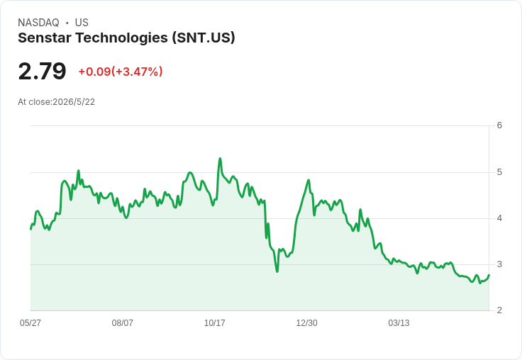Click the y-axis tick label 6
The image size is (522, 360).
click(x=499, y=125)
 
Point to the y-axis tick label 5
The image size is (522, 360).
click(x=499, y=172)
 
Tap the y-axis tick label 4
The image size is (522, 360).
click(x=499, y=218)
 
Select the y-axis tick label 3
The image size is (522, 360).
click(x=499, y=264)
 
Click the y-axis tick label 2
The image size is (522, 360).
click(x=499, y=310)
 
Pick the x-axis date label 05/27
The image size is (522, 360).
click(x=30, y=323)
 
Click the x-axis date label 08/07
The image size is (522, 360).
click(x=123, y=323)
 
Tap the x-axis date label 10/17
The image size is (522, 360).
click(x=215, y=323)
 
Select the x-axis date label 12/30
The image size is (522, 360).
click(x=306, y=323)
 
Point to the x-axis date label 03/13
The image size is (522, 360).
click(x=399, y=323)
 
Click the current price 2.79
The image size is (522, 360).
click(x=43, y=71)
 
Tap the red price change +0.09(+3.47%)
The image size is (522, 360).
click(x=121, y=72)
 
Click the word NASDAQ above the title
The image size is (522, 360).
click(x=38, y=23)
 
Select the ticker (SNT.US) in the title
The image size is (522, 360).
click(x=204, y=38)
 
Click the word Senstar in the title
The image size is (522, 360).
click(x=45, y=38)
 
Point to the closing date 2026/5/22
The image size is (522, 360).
click(x=74, y=102)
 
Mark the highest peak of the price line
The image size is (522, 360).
click(x=220, y=158)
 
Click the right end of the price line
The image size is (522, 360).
click(x=489, y=275)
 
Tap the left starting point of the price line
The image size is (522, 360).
click(x=30, y=229)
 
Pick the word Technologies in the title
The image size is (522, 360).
click(x=122, y=38)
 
